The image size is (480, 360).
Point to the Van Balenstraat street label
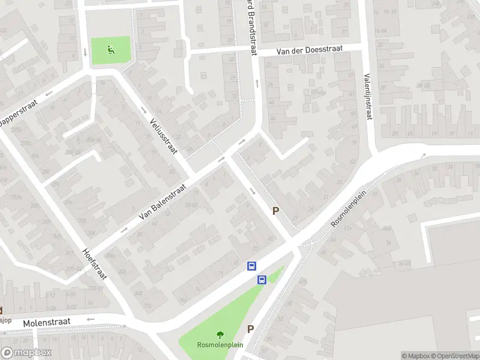(x=162, y=201)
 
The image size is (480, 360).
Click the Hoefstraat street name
(x=94, y=265)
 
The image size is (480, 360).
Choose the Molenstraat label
(x=46, y=323)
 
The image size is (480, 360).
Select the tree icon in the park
(x=220, y=335)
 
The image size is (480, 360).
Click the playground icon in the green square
(x=110, y=50)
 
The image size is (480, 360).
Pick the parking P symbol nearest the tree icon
(x=251, y=329)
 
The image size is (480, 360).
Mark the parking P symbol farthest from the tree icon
(x=275, y=211)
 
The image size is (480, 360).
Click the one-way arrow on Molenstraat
(x=91, y=320)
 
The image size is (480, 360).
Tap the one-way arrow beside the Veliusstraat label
(x=143, y=110)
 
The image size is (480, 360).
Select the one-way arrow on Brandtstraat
(x=256, y=82)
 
